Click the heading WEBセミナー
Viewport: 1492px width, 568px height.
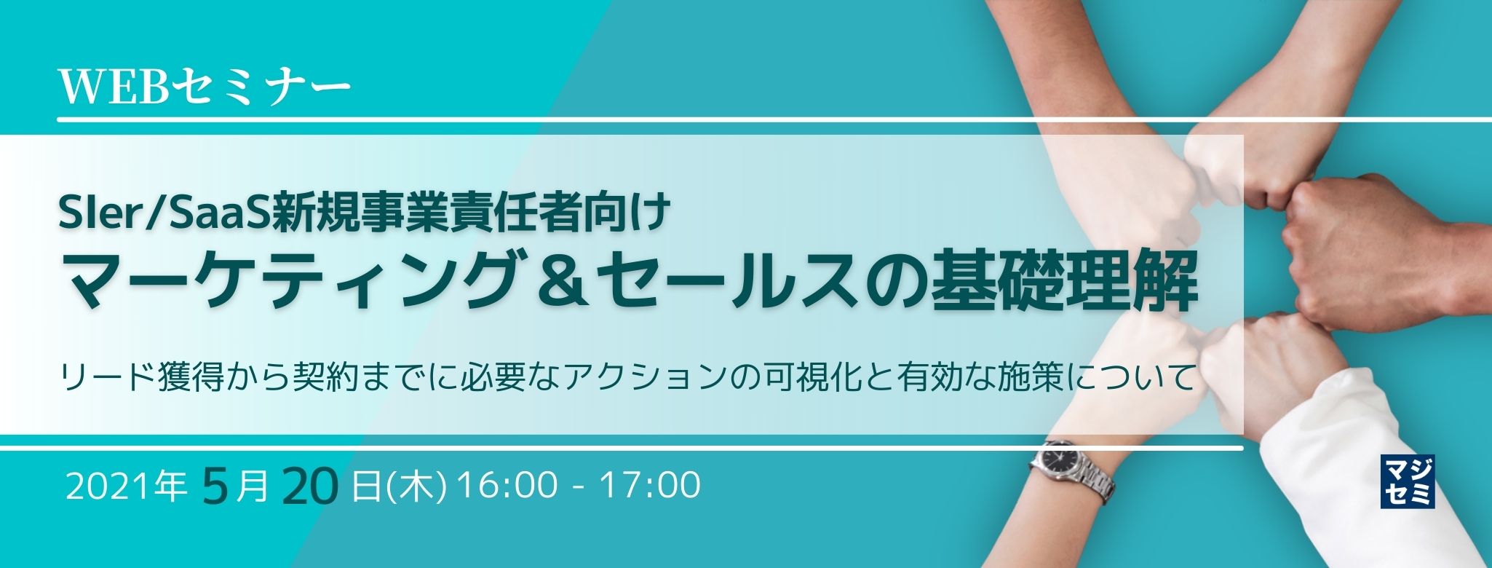click(204, 88)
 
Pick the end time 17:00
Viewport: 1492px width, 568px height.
click(649, 486)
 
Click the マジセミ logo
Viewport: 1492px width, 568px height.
click(1407, 481)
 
